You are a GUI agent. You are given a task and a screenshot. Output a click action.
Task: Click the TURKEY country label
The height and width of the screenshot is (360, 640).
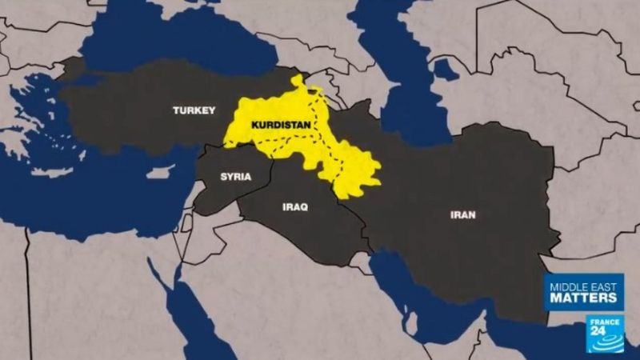[x=194, y=110]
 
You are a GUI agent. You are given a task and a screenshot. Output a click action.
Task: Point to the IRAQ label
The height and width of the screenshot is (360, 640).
[x=295, y=206]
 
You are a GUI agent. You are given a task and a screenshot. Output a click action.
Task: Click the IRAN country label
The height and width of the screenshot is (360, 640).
[x=463, y=214]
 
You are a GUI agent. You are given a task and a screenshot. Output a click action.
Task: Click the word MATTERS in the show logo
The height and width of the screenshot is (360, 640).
[x=583, y=297]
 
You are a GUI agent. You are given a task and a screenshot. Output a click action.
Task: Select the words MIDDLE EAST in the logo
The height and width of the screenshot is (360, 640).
[x=583, y=284]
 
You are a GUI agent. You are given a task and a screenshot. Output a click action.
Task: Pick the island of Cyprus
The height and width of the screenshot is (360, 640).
[x=161, y=172]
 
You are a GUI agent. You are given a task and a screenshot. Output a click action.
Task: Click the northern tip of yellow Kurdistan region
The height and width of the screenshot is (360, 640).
[x=298, y=81]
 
